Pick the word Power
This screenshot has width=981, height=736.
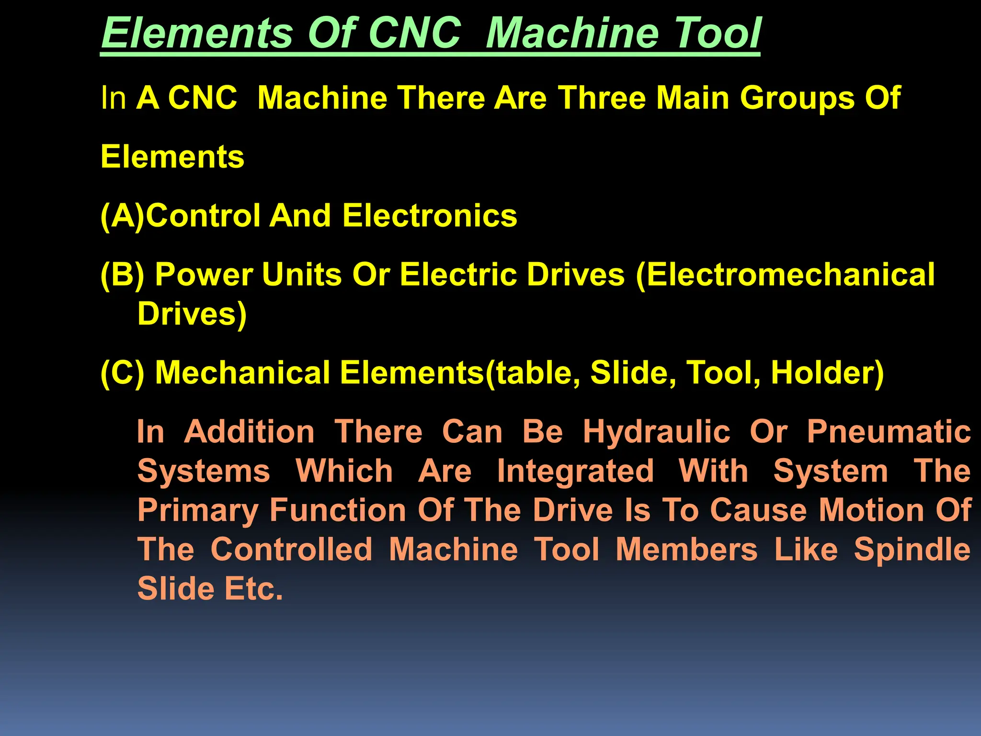pyautogui.click(x=204, y=275)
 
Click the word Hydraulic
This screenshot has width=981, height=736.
pyautogui.click(x=656, y=432)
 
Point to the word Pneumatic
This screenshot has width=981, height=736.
pyautogui.click(x=889, y=432)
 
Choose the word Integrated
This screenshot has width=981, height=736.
pyautogui.click(x=575, y=471)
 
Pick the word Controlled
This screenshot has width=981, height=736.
pyautogui.click(x=291, y=550)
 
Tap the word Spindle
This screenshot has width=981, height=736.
pyautogui.click(x=912, y=551)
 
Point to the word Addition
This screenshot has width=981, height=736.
pyautogui.click(x=249, y=432)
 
